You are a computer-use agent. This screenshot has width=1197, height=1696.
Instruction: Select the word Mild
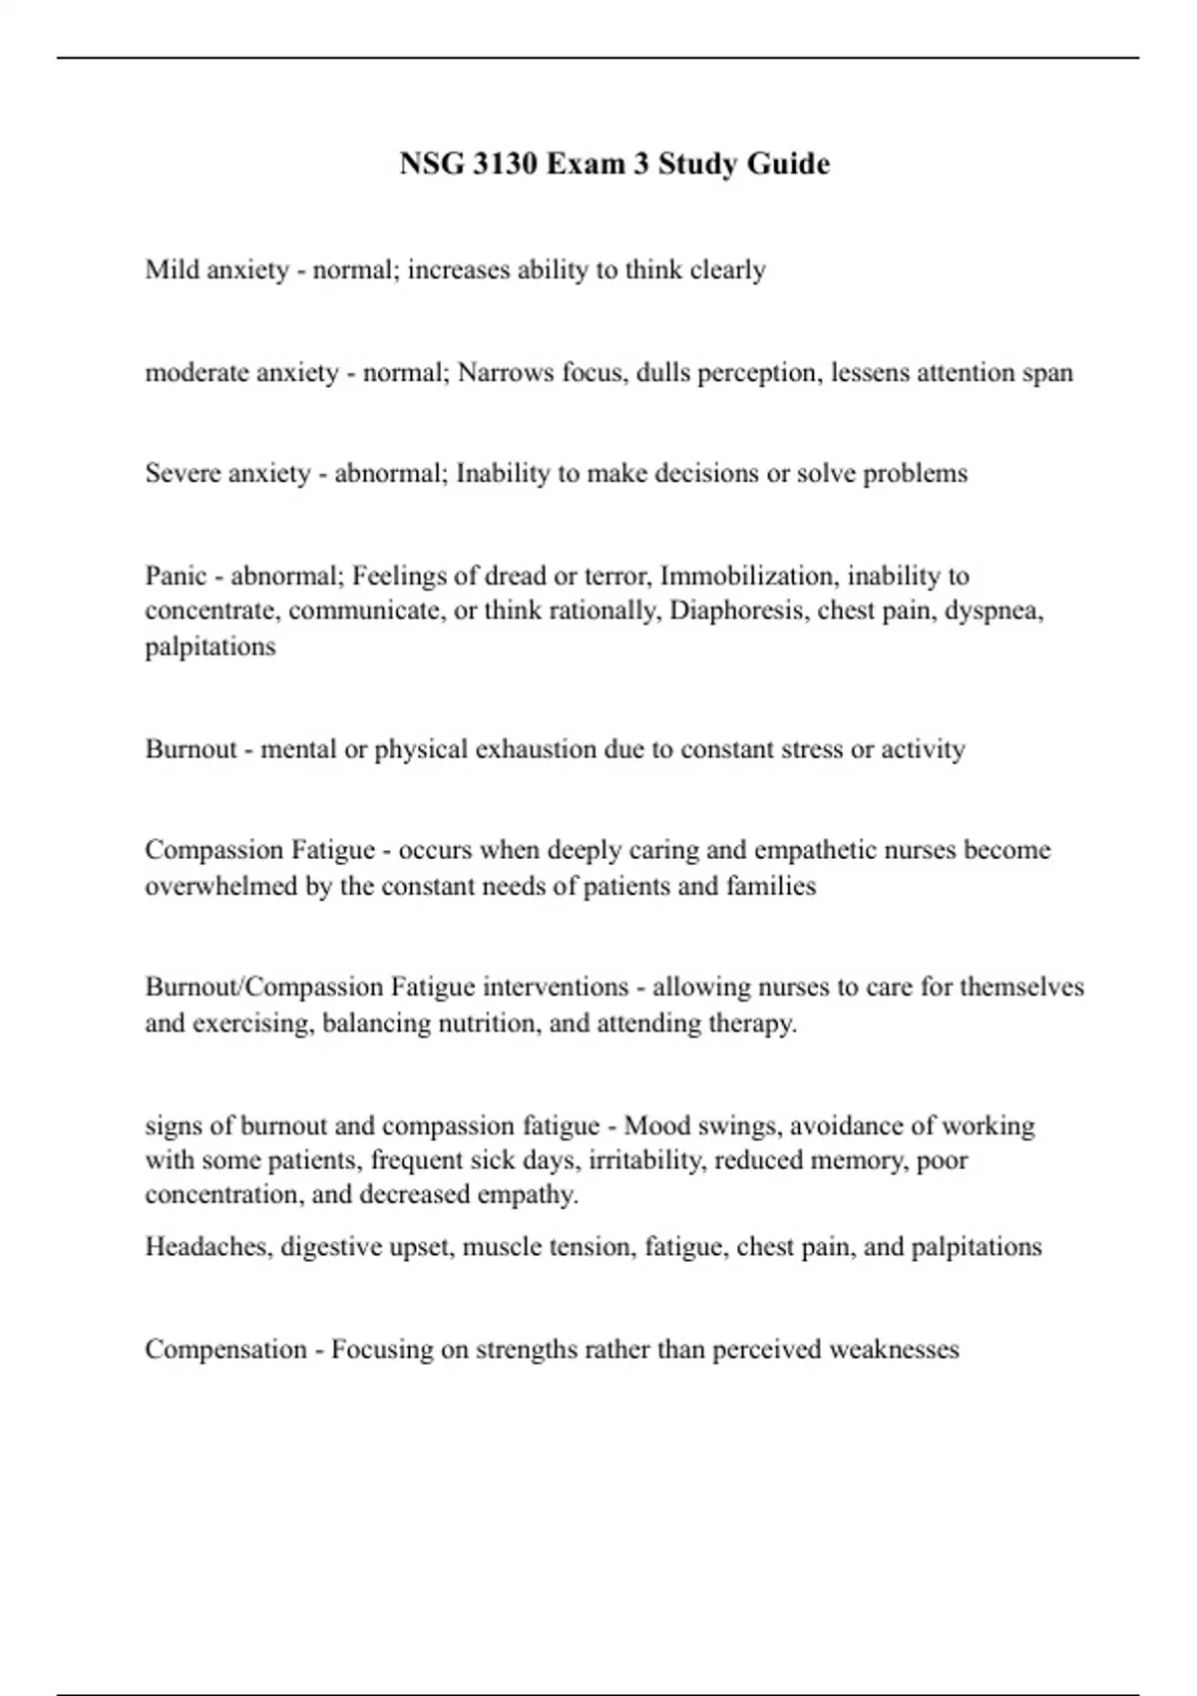coord(172,269)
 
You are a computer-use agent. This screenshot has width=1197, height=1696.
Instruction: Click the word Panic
coord(176,576)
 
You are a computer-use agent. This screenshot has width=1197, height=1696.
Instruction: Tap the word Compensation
coord(225,1350)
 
